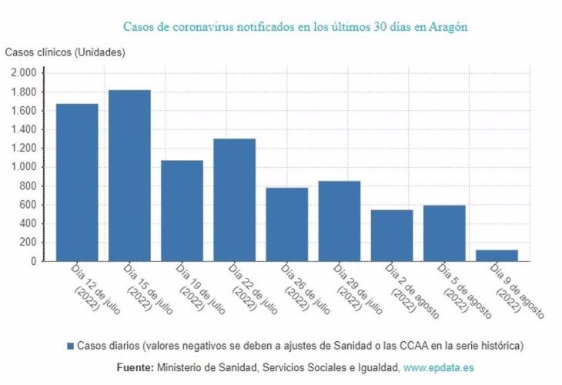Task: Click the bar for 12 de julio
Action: pos(77,182)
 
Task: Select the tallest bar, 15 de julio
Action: pos(129,176)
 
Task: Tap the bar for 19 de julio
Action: pos(182,210)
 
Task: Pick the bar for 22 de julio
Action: pos(234,200)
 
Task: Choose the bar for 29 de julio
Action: pos(340,221)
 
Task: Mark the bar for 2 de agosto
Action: pos(392,235)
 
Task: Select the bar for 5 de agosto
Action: pos(444,233)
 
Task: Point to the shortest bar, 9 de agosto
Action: pos(497,255)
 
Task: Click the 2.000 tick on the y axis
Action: pos(24,73)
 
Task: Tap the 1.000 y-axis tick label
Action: pos(24,167)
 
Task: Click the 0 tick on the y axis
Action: pos(34,262)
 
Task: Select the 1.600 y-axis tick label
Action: pos(24,111)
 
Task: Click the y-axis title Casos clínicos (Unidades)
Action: pos(65,52)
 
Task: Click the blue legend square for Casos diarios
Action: pos(70,346)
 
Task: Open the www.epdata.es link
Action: pos(439,368)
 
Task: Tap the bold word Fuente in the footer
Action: pos(135,368)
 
